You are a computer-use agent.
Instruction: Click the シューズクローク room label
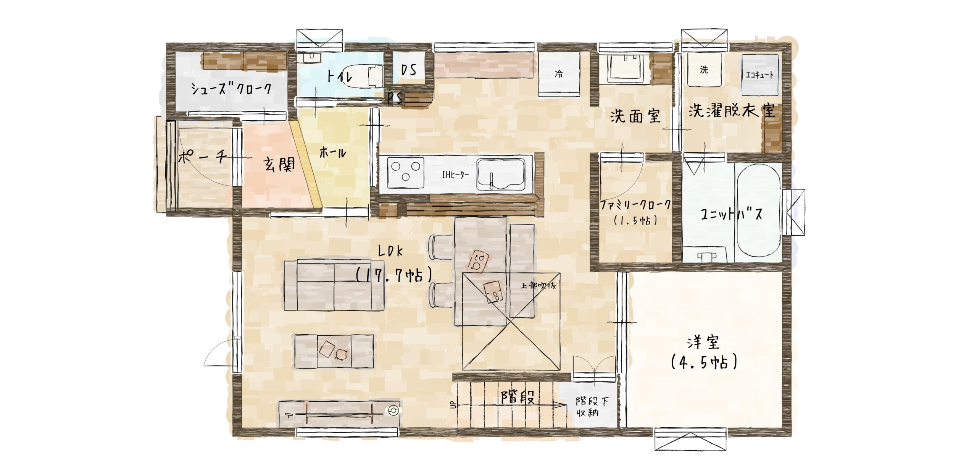point(231,89)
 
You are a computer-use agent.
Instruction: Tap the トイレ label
point(339,76)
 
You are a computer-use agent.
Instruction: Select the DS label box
point(408,69)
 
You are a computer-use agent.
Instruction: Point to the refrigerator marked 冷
point(559,74)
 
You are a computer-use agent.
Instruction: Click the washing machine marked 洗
point(704,70)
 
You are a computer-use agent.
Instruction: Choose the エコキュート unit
point(760,74)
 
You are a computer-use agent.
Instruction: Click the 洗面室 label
point(635,116)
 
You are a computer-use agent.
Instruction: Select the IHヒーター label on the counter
point(455,175)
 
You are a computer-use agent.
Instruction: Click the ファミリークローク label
point(635,205)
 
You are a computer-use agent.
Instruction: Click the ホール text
point(333,153)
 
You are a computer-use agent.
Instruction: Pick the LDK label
point(390,251)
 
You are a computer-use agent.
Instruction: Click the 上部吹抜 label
point(538,285)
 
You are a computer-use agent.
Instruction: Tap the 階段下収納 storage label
point(592,406)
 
